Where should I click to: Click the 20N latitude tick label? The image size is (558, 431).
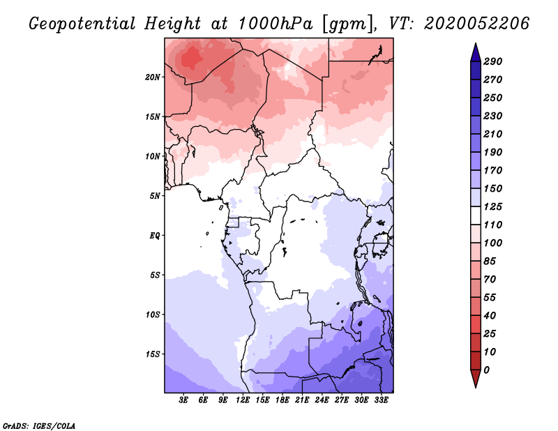[153, 77]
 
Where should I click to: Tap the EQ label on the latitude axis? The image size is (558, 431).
[155, 236]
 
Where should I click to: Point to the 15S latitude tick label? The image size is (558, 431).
[153, 354]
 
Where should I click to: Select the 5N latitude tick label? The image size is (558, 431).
[155, 196]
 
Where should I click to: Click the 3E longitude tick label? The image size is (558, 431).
[183, 400]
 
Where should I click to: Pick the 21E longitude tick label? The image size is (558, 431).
[302, 400]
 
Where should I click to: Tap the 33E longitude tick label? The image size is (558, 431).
[381, 400]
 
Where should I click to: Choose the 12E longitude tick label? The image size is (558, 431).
[243, 400]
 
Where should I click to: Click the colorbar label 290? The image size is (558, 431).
[493, 61]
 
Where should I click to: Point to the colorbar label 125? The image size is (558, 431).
[493, 206]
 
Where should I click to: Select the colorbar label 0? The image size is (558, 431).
[486, 370]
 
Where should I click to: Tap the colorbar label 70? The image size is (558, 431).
[490, 280]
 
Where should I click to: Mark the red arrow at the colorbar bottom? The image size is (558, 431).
[476, 378]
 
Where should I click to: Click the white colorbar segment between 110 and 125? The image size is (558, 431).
[476, 215]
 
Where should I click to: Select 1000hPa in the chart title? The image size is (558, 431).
[276, 24]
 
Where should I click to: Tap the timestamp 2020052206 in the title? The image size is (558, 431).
[476, 24]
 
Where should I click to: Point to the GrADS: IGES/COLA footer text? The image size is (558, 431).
[39, 426]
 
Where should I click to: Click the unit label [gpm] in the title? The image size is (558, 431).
[349, 24]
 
